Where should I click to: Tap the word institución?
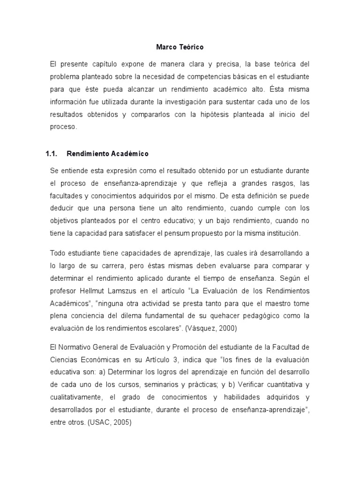point(287,233)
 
